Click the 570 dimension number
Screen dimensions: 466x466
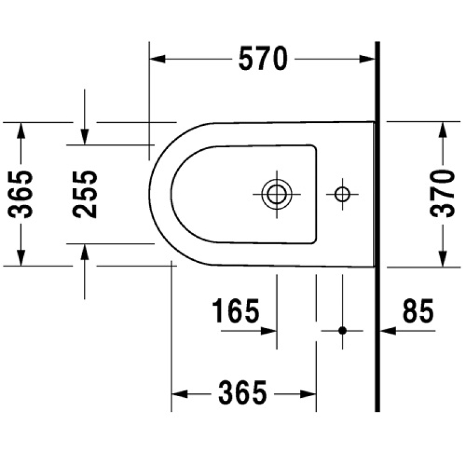(x=263, y=59)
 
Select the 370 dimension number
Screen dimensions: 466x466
(x=442, y=194)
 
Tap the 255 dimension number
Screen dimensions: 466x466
(x=84, y=195)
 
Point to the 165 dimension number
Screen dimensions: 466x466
(x=235, y=310)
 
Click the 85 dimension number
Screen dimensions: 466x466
(x=418, y=310)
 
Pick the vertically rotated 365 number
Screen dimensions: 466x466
(x=20, y=195)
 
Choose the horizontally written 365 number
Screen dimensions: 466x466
(x=242, y=392)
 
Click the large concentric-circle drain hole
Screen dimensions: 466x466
(x=277, y=195)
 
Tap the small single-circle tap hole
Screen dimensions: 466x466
(x=343, y=195)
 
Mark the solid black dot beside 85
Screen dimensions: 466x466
(x=343, y=330)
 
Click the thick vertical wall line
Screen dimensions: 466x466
(x=377, y=227)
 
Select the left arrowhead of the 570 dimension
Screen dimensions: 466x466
(x=157, y=59)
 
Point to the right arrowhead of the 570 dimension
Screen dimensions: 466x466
(x=367, y=59)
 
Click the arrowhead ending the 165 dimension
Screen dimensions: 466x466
(x=269, y=331)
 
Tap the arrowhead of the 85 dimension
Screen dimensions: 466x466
(x=389, y=330)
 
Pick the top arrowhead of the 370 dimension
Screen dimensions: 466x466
(x=443, y=129)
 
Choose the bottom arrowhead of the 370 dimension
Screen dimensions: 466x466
(x=443, y=259)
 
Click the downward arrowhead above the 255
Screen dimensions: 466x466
(x=84, y=137)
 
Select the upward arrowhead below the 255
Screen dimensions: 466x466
(x=84, y=252)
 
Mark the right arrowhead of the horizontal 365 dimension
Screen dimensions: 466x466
(x=308, y=394)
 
